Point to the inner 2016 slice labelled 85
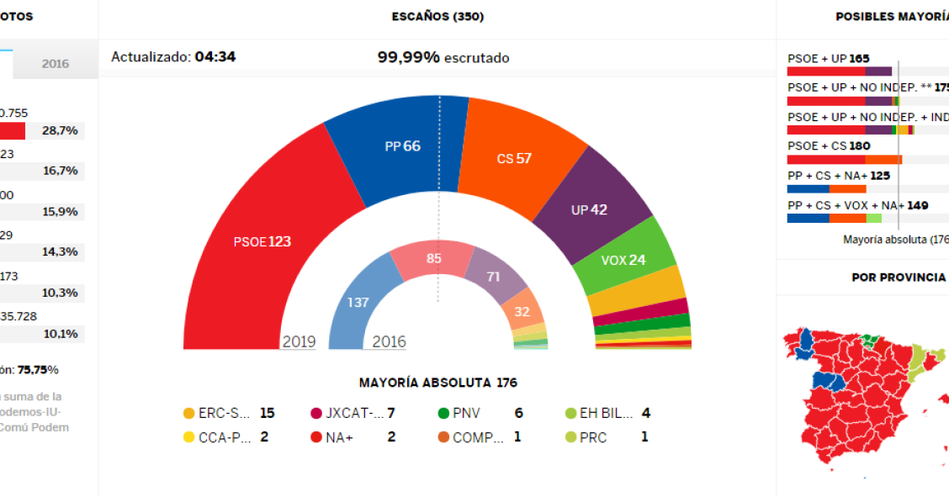(x=433, y=259)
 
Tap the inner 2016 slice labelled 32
(x=522, y=311)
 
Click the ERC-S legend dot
(x=189, y=413)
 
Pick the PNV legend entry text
(x=467, y=413)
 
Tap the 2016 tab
(x=56, y=64)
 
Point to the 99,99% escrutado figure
(x=443, y=57)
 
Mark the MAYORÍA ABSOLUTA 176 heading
(x=437, y=383)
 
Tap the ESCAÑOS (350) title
(x=437, y=17)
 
